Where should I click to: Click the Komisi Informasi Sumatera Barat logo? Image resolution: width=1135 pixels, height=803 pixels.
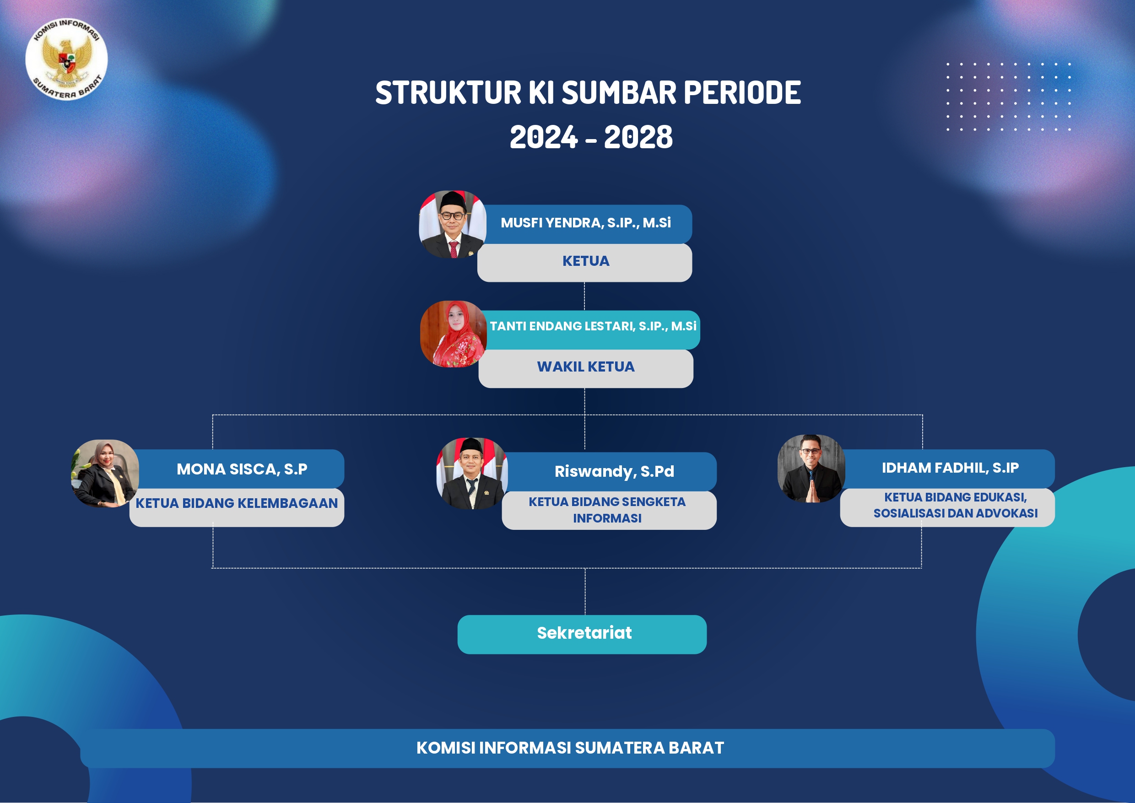click(x=66, y=59)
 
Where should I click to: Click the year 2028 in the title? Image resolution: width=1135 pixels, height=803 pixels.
click(x=638, y=137)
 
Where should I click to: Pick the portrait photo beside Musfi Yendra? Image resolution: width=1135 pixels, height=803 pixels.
click(x=453, y=224)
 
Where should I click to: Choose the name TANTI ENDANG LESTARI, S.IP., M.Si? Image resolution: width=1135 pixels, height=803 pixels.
click(x=593, y=326)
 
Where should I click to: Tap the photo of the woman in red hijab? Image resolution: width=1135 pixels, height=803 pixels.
click(x=454, y=334)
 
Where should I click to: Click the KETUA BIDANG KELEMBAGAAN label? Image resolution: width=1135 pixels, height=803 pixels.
click(x=237, y=503)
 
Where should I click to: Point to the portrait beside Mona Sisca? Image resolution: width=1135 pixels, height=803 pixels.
click(x=105, y=473)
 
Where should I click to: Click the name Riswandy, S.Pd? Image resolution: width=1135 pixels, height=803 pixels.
click(x=614, y=472)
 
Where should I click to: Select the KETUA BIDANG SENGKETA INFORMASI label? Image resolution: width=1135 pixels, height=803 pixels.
click(x=607, y=510)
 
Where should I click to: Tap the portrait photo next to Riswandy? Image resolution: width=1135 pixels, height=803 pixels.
click(x=472, y=473)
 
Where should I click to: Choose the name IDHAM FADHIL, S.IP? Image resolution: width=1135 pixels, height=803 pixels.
click(x=950, y=468)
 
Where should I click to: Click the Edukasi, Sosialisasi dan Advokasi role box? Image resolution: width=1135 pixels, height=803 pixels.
click(x=947, y=507)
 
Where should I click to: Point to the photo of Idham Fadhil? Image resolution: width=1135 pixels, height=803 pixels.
click(x=811, y=469)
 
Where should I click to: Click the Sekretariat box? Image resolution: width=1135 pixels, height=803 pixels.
click(x=582, y=634)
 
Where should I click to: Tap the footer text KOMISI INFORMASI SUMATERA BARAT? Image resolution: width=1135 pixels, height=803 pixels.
click(x=570, y=748)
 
